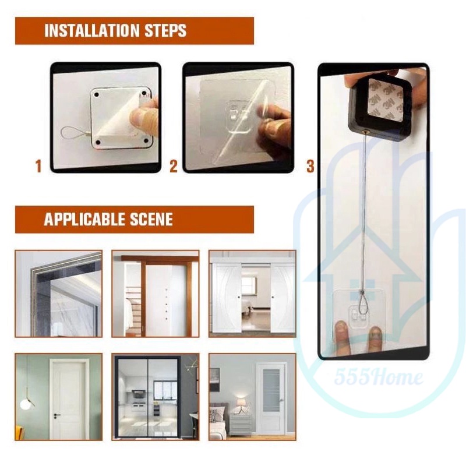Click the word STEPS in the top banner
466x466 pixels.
click(165, 30)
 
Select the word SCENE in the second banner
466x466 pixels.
click(151, 219)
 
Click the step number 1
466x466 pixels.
click(38, 166)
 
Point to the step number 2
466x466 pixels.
click(174, 166)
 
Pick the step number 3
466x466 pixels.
click(310, 166)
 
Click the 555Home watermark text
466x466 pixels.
click(379, 377)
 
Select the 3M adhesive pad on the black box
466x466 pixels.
click(386, 98)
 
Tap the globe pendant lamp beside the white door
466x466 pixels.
click(25, 404)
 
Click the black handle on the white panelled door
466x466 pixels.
click(57, 415)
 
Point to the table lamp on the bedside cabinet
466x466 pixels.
click(241, 405)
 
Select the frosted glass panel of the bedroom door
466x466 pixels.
click(271, 390)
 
